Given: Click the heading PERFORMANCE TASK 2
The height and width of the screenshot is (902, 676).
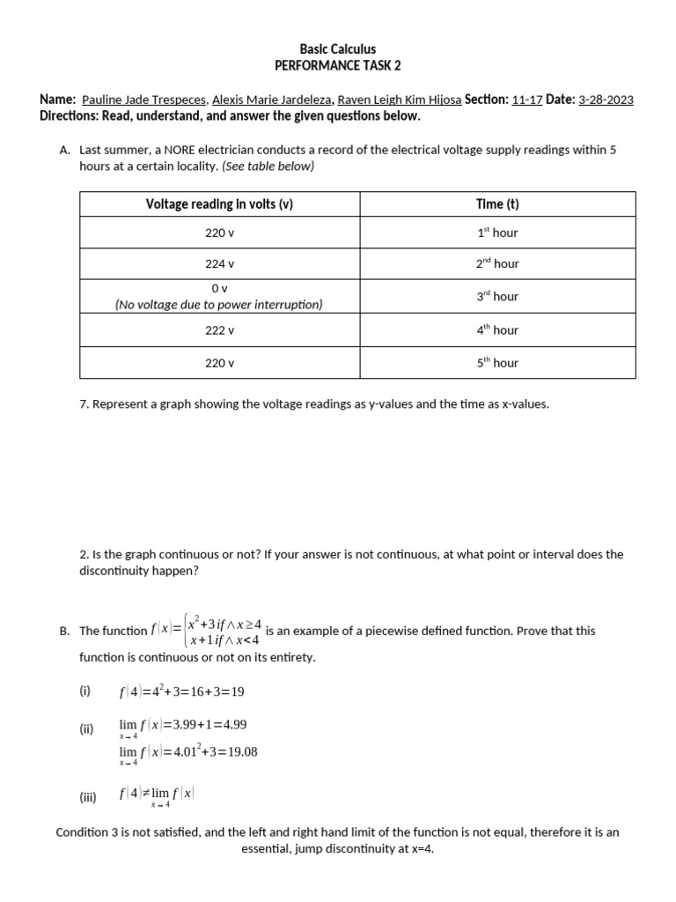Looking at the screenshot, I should [x=338, y=66].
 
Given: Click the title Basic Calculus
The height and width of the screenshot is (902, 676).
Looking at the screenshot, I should [x=338, y=49].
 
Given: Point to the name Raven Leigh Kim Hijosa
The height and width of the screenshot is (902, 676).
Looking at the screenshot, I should [x=400, y=100].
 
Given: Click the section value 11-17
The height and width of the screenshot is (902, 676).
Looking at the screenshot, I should [x=526, y=100].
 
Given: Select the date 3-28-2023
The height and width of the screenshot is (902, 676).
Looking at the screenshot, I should [x=606, y=100].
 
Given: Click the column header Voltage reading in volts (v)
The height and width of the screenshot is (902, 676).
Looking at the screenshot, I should [x=219, y=204].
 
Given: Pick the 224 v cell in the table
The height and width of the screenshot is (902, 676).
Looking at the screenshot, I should [x=219, y=263].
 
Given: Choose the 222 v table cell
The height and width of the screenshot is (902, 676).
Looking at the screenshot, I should [x=219, y=330].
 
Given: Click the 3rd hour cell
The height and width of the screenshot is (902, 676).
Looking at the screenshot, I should [x=497, y=297].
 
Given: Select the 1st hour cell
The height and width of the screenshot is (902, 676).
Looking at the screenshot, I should [x=497, y=233].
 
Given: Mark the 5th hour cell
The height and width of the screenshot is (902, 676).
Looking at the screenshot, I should [x=497, y=363].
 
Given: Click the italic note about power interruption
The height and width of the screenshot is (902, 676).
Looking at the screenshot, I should [x=219, y=305].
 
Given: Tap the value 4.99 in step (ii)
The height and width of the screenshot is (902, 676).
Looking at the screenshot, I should [x=234, y=725].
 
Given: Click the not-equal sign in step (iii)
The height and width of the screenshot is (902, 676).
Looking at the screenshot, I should [x=144, y=794].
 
